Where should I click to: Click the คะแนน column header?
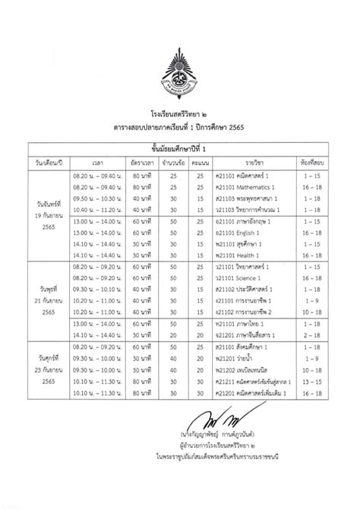(200, 162)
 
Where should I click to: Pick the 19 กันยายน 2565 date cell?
(45, 205)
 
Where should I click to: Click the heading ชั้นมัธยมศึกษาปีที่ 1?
(180, 148)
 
